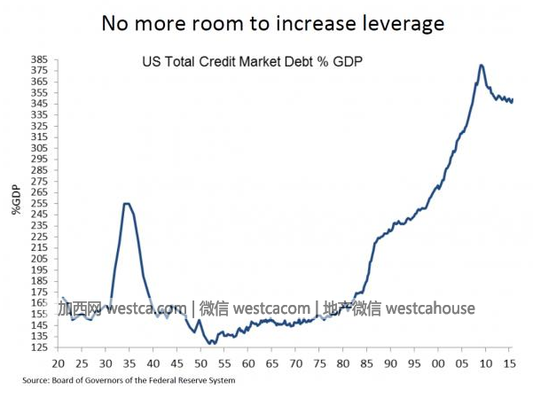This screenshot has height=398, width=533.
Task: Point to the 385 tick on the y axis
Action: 40,59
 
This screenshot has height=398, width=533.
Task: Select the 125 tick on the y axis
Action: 40,347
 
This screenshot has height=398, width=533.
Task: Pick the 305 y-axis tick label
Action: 40,148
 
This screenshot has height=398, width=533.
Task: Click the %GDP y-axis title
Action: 16,199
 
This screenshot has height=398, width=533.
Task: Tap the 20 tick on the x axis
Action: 59,364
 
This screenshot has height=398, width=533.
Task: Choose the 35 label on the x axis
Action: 129,364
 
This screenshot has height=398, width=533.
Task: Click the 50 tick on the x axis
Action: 201,364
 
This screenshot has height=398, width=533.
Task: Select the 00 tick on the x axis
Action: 438,364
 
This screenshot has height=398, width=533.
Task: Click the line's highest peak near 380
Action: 481,65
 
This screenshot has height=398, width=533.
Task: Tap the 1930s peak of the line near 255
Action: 126,204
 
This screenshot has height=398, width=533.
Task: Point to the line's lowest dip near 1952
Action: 211,344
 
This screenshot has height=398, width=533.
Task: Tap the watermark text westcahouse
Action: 431,308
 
